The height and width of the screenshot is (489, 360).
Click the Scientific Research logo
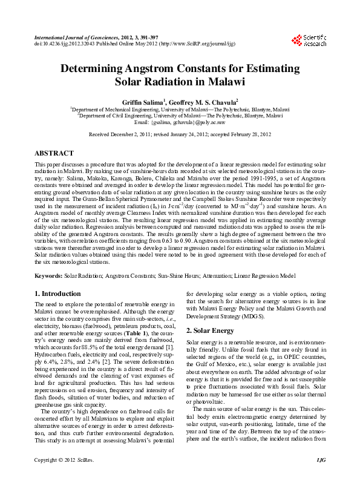point(309,41)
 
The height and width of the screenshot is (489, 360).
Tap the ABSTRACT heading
point(54,154)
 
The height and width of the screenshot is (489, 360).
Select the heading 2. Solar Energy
point(209,330)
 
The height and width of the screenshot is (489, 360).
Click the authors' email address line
point(180,122)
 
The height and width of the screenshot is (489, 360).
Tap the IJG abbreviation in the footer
point(321,478)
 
